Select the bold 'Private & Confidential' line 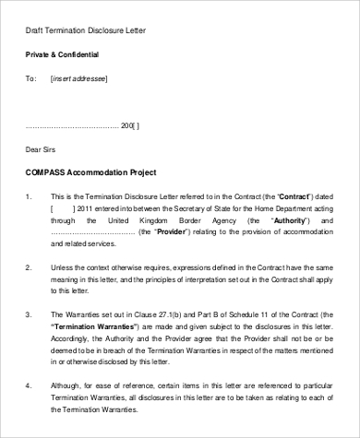[x=61, y=55]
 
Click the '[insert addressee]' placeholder [x=79, y=79]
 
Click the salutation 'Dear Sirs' [x=41, y=148]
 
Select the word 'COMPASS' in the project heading [x=45, y=172]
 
